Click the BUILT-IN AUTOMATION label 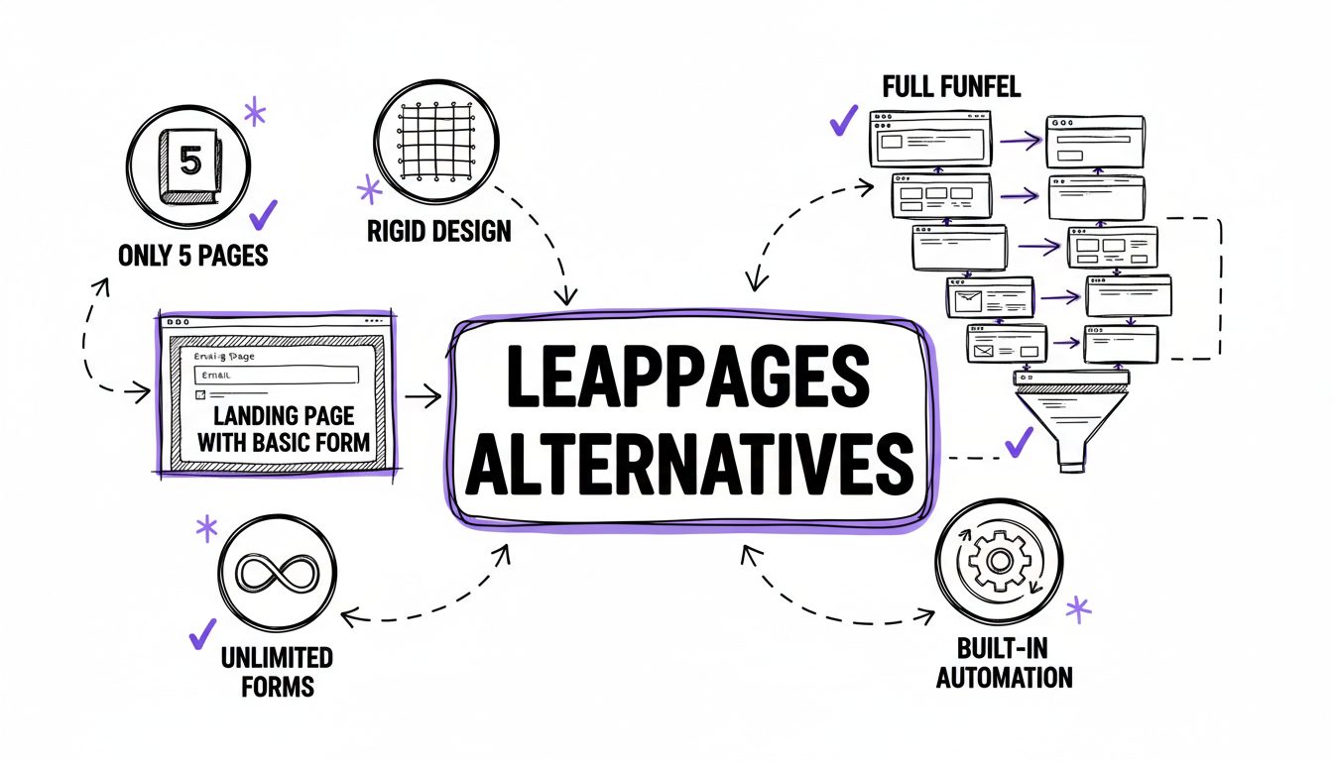(1003, 664)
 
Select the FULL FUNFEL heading (951, 87)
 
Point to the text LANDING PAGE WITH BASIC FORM (277, 428)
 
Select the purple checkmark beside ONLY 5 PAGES (263, 213)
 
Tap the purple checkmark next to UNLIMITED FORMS (202, 632)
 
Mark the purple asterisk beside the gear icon (1078, 609)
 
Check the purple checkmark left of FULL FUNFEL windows (844, 122)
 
